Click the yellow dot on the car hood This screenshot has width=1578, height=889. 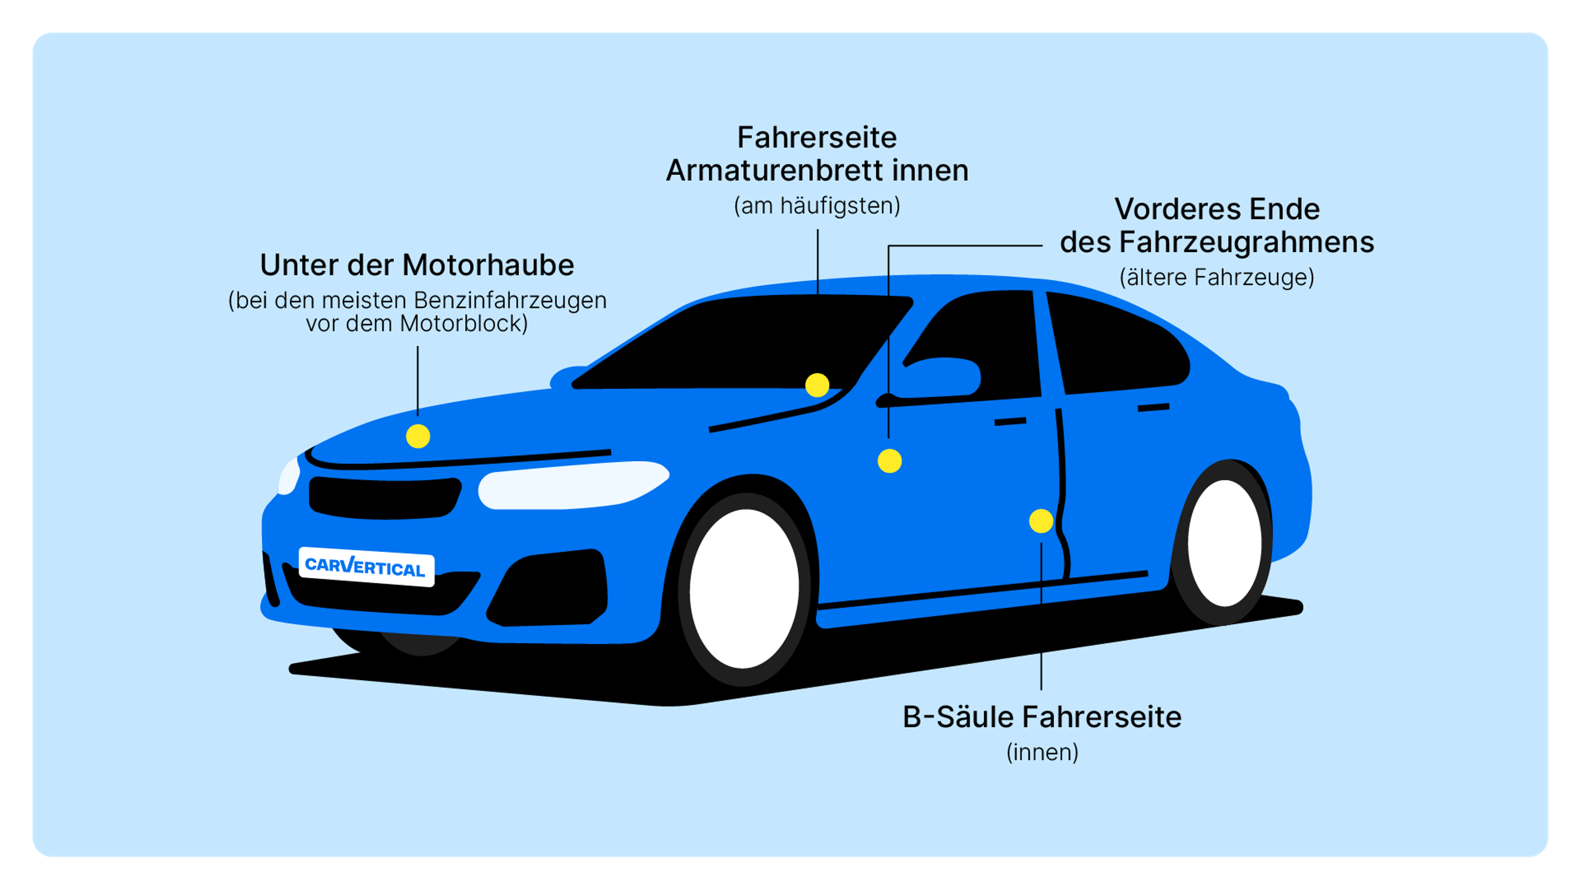[x=418, y=436]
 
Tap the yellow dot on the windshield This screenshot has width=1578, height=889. [x=817, y=386]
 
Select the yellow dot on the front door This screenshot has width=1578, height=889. [x=889, y=461]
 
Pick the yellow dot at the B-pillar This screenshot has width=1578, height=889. [x=1041, y=522]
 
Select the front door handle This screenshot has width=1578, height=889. [x=1010, y=422]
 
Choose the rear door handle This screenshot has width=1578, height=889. [x=1154, y=407]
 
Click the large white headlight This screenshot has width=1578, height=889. [x=573, y=485]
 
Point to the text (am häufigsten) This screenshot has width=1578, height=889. [x=817, y=206]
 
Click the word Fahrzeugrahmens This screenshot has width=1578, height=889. [x=1247, y=242]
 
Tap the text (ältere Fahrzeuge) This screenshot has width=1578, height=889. [x=1216, y=277]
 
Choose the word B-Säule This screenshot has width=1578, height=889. [x=957, y=717]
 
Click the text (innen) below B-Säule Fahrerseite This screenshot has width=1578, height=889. [x=1042, y=753]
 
